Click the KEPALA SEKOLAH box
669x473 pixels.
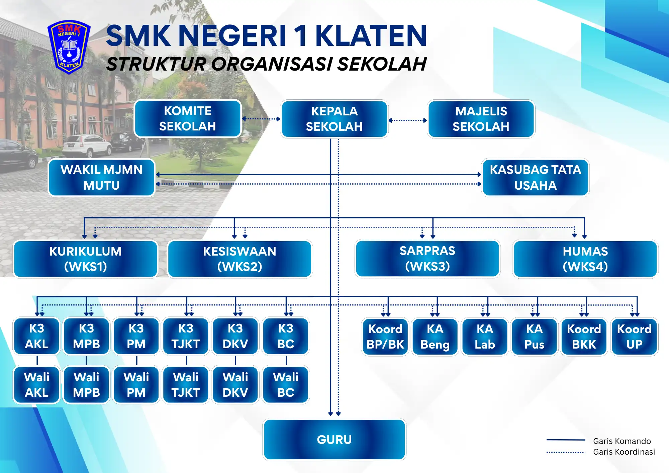point(334,119)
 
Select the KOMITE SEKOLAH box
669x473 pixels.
point(188,119)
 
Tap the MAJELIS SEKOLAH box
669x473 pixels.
point(481,119)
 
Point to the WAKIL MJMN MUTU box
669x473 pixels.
point(102,178)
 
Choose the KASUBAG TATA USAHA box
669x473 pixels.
point(535,178)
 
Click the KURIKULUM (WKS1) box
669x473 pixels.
point(86,259)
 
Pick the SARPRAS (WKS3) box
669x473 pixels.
point(427,259)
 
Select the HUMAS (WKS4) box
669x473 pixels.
point(585,259)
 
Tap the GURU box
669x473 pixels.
point(334,440)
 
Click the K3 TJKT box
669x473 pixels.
point(186,336)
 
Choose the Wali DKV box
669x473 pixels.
point(235,385)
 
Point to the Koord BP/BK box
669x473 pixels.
point(385,337)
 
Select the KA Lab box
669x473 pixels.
point(485,337)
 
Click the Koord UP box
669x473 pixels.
point(634,337)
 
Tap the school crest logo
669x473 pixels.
point(69,47)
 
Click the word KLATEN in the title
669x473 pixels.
point(371,35)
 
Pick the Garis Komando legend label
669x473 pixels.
point(622,441)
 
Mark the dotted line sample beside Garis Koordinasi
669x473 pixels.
point(566,452)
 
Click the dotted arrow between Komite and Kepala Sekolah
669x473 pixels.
point(261,119)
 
